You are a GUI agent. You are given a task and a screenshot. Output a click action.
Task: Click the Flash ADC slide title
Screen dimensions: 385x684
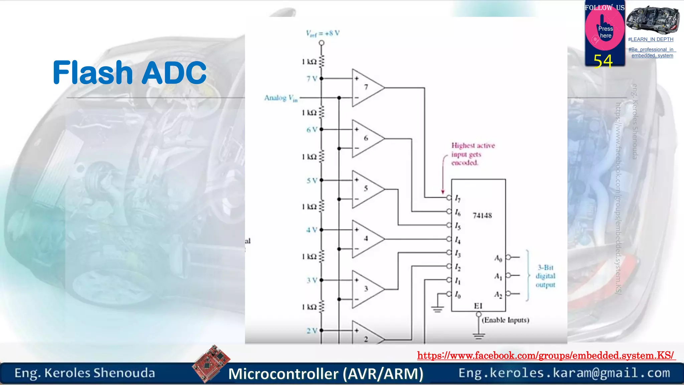click(130, 73)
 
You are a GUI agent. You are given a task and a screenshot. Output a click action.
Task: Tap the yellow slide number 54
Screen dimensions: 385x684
click(603, 61)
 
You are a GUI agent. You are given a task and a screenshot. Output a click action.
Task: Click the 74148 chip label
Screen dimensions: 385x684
click(482, 216)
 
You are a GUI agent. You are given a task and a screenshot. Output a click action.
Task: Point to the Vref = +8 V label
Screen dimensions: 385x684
click(323, 33)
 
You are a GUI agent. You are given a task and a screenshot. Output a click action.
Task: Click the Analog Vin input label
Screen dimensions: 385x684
click(281, 98)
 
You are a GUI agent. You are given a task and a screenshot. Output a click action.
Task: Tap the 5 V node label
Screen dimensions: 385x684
click(312, 180)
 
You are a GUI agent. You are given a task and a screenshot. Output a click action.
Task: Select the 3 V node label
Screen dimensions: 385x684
click(312, 280)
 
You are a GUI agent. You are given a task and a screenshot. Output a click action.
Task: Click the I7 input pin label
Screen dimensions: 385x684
click(458, 199)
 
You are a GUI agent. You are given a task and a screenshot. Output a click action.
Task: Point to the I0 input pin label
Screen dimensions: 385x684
click(458, 295)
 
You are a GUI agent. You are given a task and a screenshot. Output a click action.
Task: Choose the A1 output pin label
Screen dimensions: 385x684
click(498, 276)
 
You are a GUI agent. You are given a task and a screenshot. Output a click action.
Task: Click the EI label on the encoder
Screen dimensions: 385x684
click(478, 306)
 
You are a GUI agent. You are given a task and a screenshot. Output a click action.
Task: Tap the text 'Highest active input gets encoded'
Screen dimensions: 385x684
click(473, 154)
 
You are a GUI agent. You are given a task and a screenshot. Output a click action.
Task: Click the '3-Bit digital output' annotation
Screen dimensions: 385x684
click(545, 276)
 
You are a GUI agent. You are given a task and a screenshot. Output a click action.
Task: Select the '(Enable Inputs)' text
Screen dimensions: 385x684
click(505, 320)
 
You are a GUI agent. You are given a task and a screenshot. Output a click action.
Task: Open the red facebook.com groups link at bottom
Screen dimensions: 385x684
click(546, 355)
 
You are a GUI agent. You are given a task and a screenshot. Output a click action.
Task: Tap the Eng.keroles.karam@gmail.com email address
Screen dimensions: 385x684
click(564, 373)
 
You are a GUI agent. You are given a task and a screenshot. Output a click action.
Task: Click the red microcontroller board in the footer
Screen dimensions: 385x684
click(211, 363)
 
